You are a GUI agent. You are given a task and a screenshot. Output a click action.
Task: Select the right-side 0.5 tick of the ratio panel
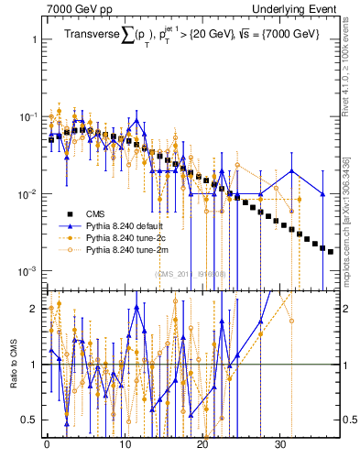(x=349, y=420)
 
